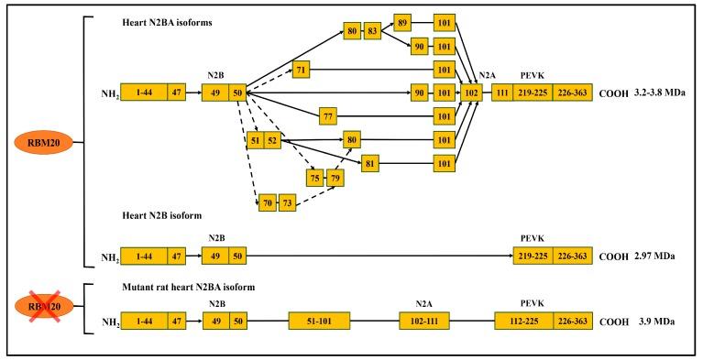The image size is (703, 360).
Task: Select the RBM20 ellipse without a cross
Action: click(42, 143)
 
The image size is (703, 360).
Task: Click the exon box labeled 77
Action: click(329, 115)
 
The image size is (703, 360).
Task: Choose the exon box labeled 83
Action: click(373, 32)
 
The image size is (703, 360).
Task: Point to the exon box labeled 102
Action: click(471, 93)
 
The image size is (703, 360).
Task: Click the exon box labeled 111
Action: click(503, 93)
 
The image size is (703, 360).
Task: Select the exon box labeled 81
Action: click(371, 163)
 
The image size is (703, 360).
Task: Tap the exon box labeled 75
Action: click(315, 178)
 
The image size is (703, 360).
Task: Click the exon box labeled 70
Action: click(267, 202)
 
